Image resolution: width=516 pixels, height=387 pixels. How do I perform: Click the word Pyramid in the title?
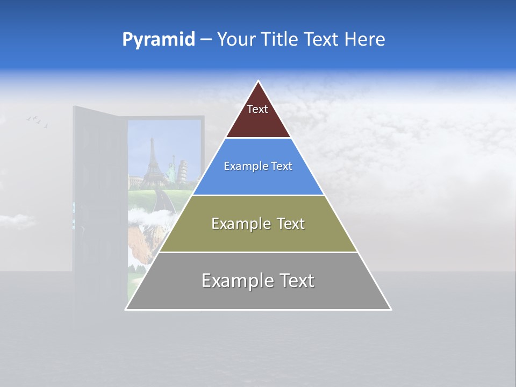(158, 40)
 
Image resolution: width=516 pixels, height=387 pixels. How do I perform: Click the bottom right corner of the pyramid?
(390, 309)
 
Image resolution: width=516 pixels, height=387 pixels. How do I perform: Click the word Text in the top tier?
(257, 109)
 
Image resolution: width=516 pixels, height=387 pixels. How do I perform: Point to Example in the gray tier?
(232, 281)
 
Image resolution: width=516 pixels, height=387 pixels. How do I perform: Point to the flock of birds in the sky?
(37, 121)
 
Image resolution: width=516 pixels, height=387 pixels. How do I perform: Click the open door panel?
(99, 204)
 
